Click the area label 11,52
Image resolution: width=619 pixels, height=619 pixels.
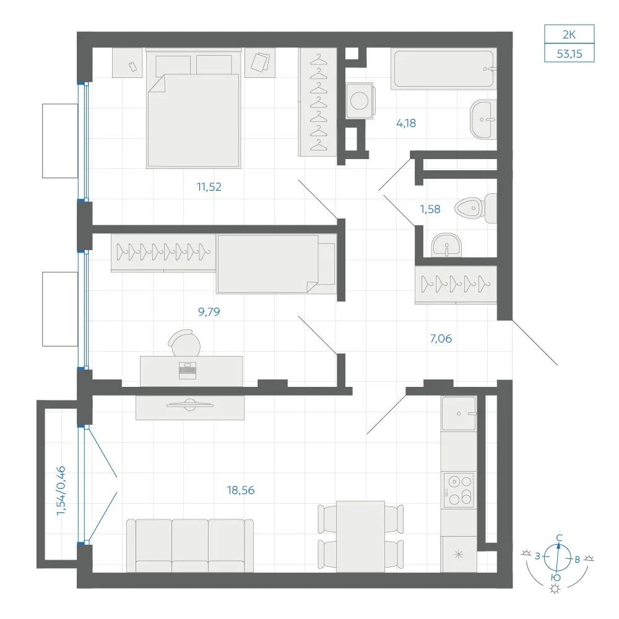(x=209, y=187)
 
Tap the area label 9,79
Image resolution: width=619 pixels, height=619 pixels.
(x=209, y=312)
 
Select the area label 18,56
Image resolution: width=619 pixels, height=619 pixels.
(x=241, y=490)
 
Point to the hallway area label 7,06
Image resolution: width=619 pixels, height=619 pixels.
(x=441, y=339)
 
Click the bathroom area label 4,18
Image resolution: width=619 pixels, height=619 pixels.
(x=406, y=123)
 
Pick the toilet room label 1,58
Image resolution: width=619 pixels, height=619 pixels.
(x=430, y=209)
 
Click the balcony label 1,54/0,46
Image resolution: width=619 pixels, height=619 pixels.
(x=61, y=491)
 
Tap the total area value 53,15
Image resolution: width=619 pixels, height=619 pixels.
(x=569, y=54)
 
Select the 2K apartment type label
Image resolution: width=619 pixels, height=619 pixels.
(x=569, y=35)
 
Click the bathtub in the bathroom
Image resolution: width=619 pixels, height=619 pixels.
(x=443, y=69)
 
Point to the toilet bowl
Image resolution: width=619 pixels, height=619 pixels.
(x=475, y=208)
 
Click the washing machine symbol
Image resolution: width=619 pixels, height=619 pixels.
(x=359, y=101)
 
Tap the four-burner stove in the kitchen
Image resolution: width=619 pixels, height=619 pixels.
(x=459, y=490)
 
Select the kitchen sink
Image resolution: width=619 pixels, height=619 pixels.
(x=459, y=413)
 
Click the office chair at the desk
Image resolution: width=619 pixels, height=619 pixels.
(x=184, y=343)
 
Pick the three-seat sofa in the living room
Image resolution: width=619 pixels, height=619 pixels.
(x=190, y=545)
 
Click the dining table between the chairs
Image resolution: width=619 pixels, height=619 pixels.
(x=360, y=536)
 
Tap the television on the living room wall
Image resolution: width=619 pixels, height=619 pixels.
(x=190, y=405)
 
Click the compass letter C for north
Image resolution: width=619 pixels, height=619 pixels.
(x=559, y=538)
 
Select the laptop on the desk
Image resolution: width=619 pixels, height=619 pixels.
(x=188, y=371)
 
